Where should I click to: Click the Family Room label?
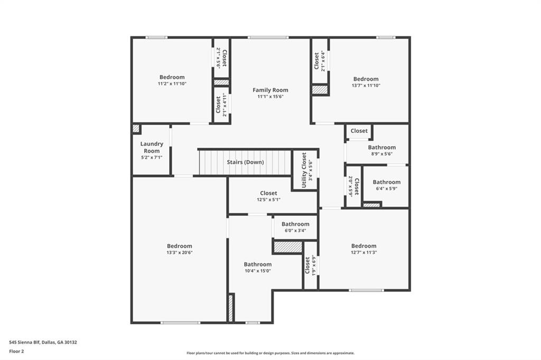270,90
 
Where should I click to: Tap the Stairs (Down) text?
245,162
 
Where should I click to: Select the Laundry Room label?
152,147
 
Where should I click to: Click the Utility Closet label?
304,170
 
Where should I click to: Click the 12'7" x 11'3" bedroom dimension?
364,252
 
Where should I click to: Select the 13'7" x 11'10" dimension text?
366,86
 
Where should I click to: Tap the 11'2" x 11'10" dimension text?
172,84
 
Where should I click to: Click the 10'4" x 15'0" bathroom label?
258,264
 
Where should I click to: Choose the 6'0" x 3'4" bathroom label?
295,224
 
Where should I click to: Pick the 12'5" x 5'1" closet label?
268,193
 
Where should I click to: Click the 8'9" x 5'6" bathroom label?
382,148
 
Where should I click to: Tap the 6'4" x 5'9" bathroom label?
387,182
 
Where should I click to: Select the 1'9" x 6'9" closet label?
307,265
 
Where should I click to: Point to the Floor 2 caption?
17,351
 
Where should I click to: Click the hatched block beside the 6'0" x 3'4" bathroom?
287,247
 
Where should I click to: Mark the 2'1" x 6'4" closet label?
316,61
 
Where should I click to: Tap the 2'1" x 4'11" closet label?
218,104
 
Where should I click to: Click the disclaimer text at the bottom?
270,353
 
